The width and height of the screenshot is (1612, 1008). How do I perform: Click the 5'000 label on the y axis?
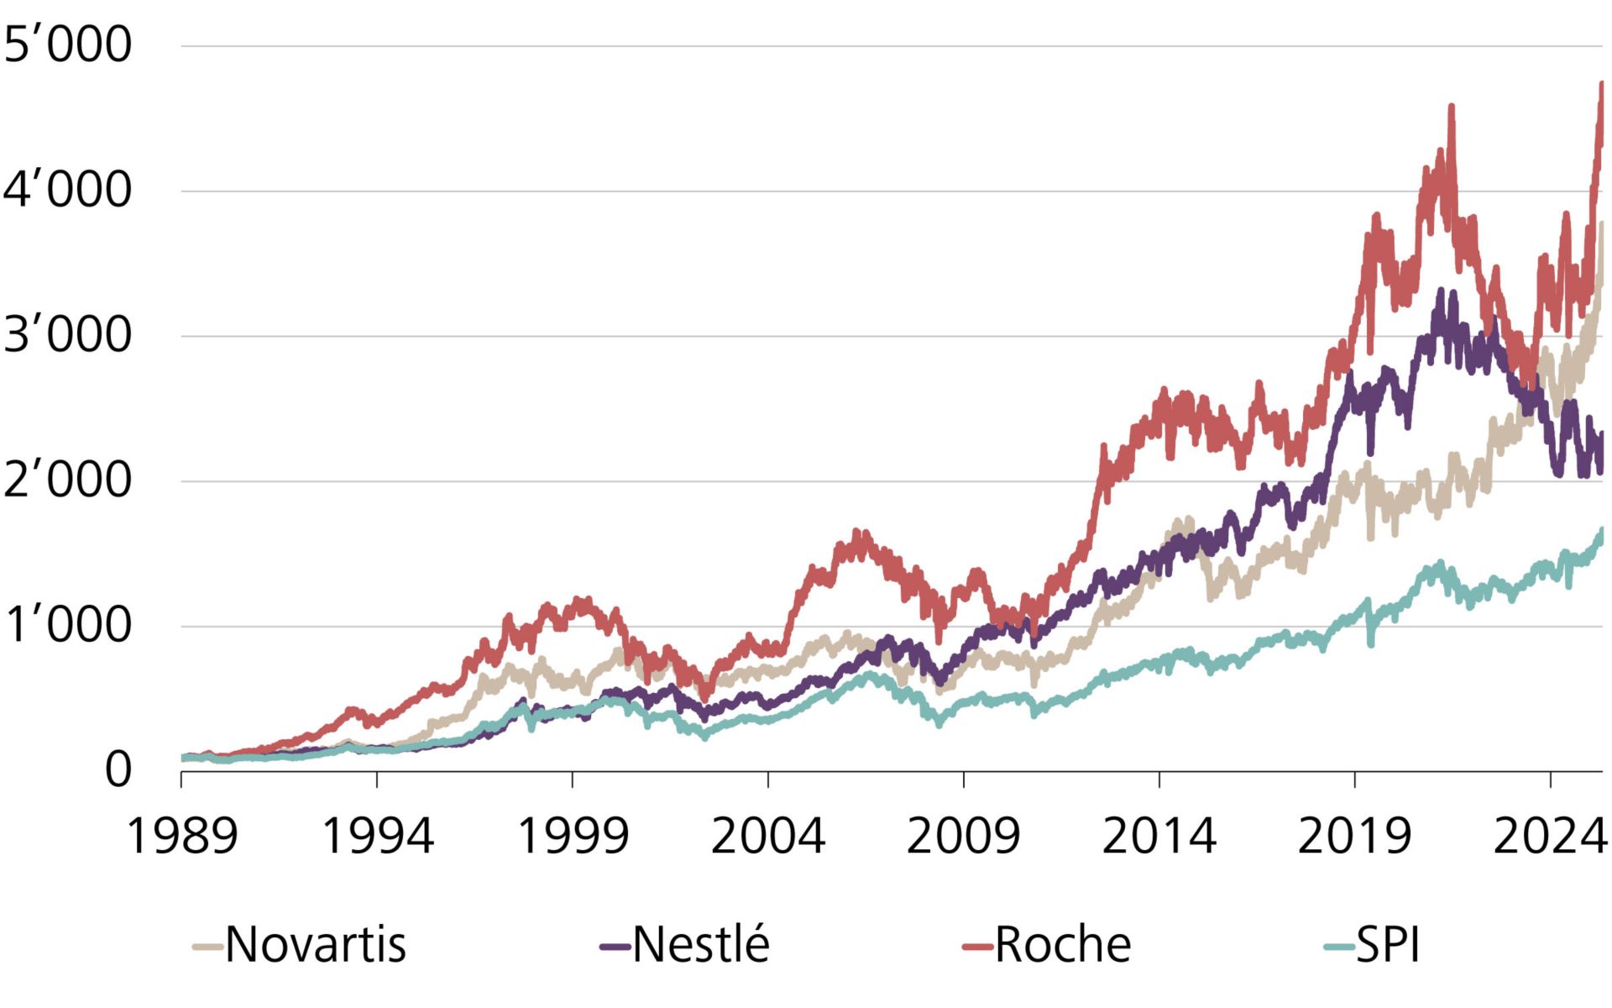point(67,45)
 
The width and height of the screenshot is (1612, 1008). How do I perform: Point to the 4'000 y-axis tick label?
point(67,190)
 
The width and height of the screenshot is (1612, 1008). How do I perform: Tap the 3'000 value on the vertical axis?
point(67,335)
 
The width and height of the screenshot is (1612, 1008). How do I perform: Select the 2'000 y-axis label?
point(67,480)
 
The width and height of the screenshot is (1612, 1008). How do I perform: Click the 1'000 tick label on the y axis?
point(67,626)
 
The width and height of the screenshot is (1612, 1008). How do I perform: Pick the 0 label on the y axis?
point(118,770)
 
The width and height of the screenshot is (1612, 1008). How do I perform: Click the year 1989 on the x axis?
point(181,837)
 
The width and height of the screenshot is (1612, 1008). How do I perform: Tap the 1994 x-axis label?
point(377,837)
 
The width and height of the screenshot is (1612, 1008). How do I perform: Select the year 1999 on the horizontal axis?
point(573,837)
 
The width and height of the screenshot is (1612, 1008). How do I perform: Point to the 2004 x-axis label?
point(768,837)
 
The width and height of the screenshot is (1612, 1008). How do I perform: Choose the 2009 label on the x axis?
point(963,837)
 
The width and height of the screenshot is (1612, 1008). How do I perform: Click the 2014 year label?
point(1159,837)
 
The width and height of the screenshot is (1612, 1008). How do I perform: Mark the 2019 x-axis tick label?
point(1354,837)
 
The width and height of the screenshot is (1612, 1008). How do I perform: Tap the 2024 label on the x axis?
point(1550,837)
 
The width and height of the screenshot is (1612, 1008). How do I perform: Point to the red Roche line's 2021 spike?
point(1451,107)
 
